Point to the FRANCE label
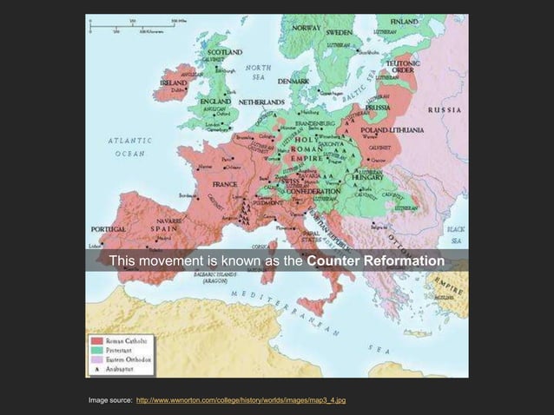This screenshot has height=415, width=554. (x=224, y=184)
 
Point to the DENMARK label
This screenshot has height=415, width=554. (x=293, y=81)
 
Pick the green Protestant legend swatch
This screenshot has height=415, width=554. (x=96, y=349)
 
